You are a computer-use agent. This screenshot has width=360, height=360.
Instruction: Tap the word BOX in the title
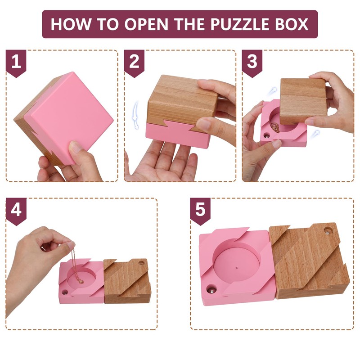(291, 24)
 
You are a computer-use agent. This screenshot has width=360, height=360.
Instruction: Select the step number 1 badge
(16, 62)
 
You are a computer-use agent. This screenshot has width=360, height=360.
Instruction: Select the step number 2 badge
(134, 62)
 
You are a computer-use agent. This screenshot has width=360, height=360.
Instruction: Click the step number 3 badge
(252, 62)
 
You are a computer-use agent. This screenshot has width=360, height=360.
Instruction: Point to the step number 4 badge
(16, 210)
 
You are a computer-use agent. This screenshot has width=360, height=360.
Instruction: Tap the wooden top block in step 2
(180, 101)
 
